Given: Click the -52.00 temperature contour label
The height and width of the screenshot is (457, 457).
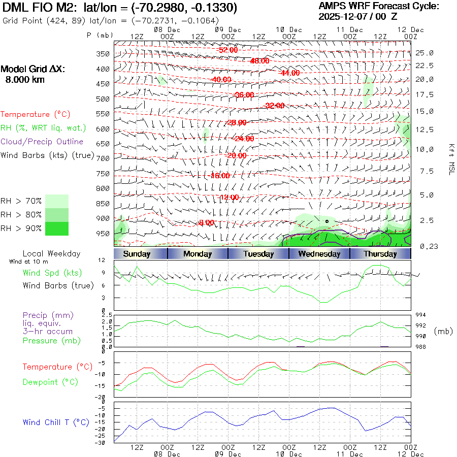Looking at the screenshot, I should click(228, 50).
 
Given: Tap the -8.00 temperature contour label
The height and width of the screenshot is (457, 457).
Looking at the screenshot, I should click(206, 222).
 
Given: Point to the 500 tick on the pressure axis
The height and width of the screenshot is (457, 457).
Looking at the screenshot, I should click(103, 99).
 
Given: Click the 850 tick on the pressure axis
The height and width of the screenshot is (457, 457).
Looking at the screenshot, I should click(103, 204).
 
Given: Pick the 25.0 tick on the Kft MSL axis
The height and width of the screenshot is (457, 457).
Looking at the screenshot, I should click(424, 53).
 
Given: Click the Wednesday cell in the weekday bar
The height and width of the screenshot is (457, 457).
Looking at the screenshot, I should click(319, 254).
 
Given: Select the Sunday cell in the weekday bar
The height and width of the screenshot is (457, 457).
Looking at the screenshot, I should click(137, 254).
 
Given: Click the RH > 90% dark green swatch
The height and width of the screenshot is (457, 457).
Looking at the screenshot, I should click(57, 229).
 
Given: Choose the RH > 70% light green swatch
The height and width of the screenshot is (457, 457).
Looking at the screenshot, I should click(57, 201).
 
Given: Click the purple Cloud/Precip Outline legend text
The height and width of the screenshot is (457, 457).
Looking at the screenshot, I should click(42, 142).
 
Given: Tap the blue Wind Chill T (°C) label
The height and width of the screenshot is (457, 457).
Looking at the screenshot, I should click(56, 422).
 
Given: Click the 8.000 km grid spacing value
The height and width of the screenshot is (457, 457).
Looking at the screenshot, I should click(25, 80).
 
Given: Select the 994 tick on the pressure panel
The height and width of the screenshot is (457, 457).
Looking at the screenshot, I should click(421, 315).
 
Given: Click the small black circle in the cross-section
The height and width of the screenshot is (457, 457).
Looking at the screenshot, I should click(327, 221).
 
